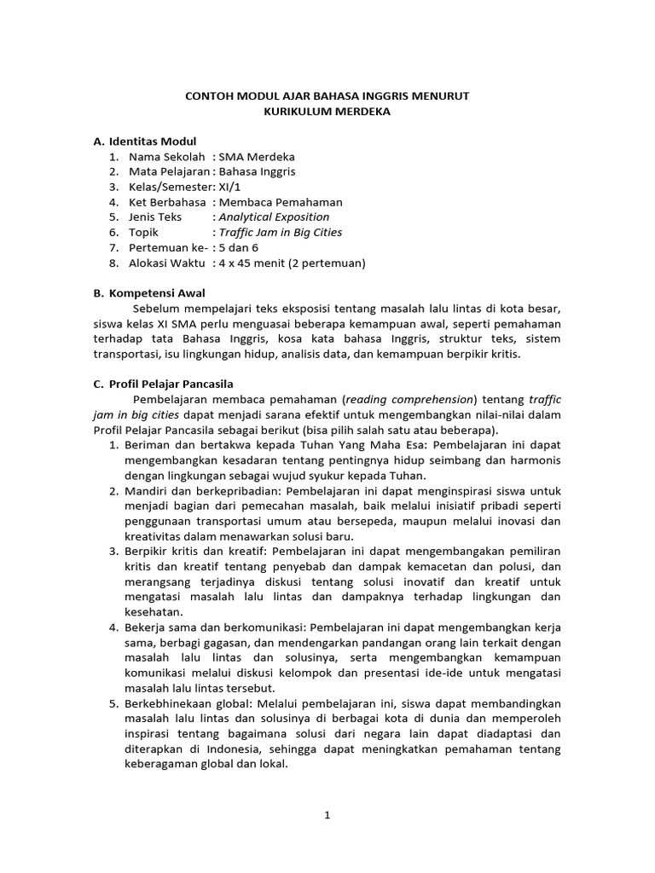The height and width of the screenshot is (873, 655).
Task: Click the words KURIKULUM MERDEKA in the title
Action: [327, 112]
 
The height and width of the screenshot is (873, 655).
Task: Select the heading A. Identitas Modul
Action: [145, 141]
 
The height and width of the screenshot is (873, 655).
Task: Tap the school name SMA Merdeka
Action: [257, 157]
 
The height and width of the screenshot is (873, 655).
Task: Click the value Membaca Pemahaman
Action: [281, 202]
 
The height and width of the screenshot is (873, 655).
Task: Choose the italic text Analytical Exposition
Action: [274, 217]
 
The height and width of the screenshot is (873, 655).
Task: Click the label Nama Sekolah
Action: [167, 157]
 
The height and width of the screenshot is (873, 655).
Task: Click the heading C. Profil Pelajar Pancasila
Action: [163, 384]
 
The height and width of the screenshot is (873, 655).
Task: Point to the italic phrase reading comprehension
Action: [409, 399]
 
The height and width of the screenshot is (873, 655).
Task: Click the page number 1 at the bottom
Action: [327, 815]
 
